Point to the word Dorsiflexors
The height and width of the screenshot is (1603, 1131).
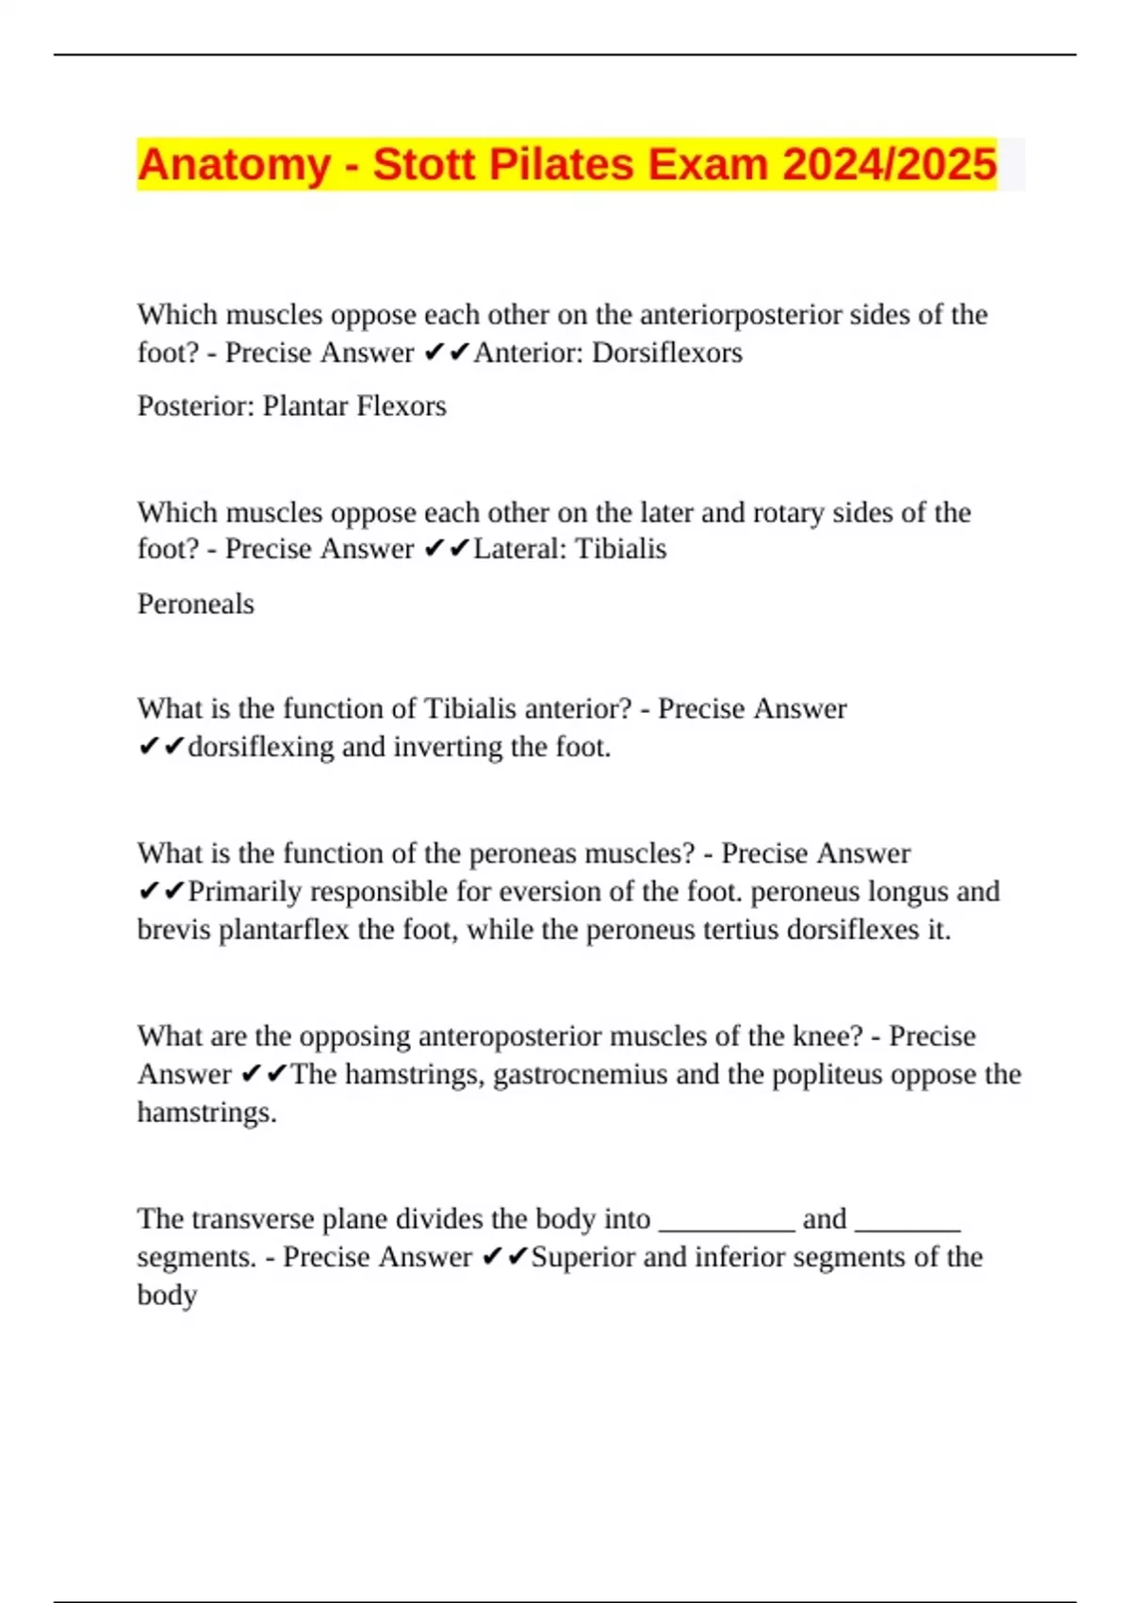(x=666, y=353)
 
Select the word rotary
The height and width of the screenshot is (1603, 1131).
(x=788, y=513)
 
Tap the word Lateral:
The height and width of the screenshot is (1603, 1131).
(x=520, y=549)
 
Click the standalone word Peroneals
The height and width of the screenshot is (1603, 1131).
(x=196, y=603)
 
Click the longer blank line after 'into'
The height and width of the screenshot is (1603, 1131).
(x=727, y=1227)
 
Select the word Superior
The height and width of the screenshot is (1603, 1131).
(x=582, y=1258)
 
